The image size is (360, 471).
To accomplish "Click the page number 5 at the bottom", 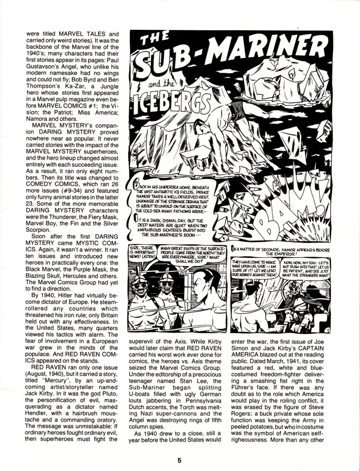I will [180, 460].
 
